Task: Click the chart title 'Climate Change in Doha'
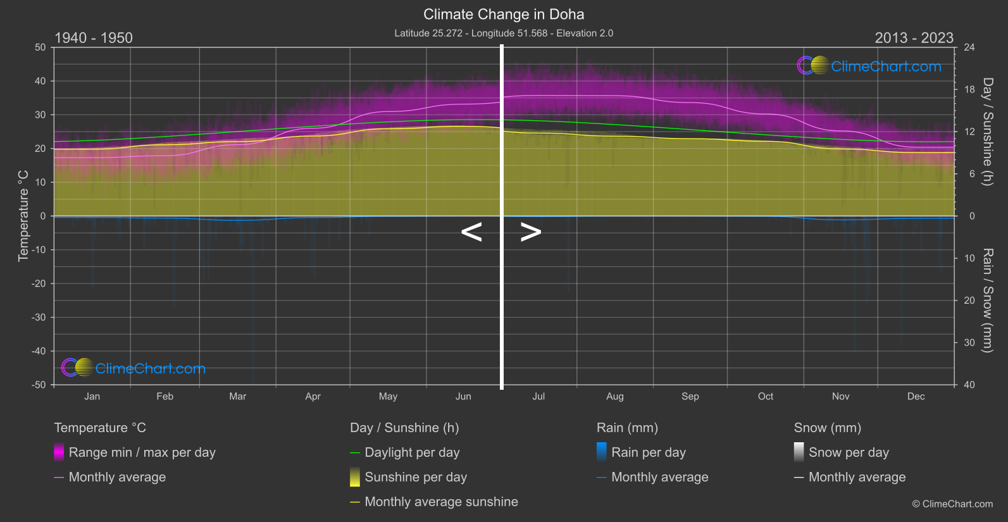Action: [x=504, y=15]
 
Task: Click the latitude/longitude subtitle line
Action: [x=504, y=33]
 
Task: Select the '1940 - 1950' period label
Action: [x=94, y=38]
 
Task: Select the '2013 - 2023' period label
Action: [x=914, y=38]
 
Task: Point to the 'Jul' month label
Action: [x=538, y=397]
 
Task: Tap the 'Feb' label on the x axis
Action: [x=165, y=397]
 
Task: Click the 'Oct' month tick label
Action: [x=766, y=397]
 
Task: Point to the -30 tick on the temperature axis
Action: [x=39, y=318]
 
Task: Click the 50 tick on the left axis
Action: [x=40, y=47]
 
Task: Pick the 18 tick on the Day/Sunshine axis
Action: [x=969, y=90]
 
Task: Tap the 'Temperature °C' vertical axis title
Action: [x=23, y=216]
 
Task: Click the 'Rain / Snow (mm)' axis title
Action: [x=988, y=301]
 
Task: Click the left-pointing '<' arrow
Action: [x=471, y=232]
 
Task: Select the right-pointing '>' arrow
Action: [x=531, y=232]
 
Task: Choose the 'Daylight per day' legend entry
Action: [x=412, y=452]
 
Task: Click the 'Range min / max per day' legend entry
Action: [x=142, y=452]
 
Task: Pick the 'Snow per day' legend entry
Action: [x=849, y=452]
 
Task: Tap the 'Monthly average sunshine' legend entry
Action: [x=441, y=502]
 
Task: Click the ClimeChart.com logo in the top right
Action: [x=869, y=66]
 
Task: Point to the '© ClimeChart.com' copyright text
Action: [x=952, y=504]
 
